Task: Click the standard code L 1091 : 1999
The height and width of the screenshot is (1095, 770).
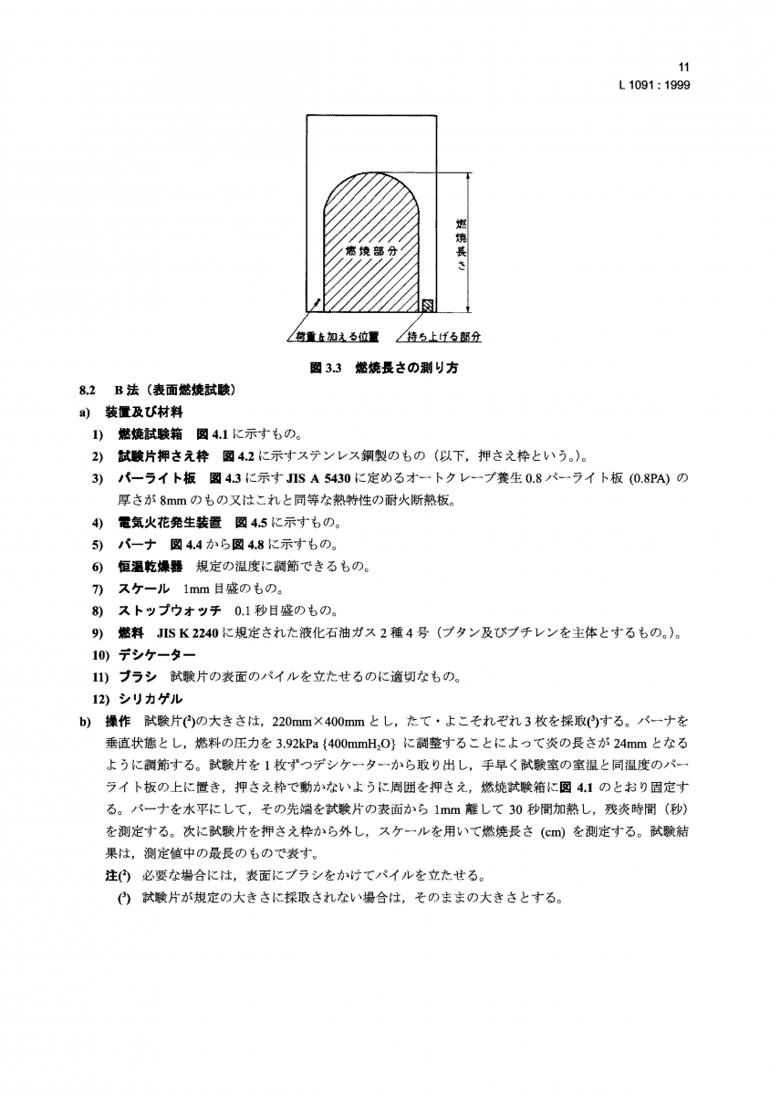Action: point(653,84)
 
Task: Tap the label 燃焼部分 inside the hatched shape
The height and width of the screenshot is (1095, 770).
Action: point(372,249)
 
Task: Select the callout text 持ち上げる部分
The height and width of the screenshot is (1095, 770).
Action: point(444,337)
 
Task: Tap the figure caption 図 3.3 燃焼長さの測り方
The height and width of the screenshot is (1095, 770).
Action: point(384,369)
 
